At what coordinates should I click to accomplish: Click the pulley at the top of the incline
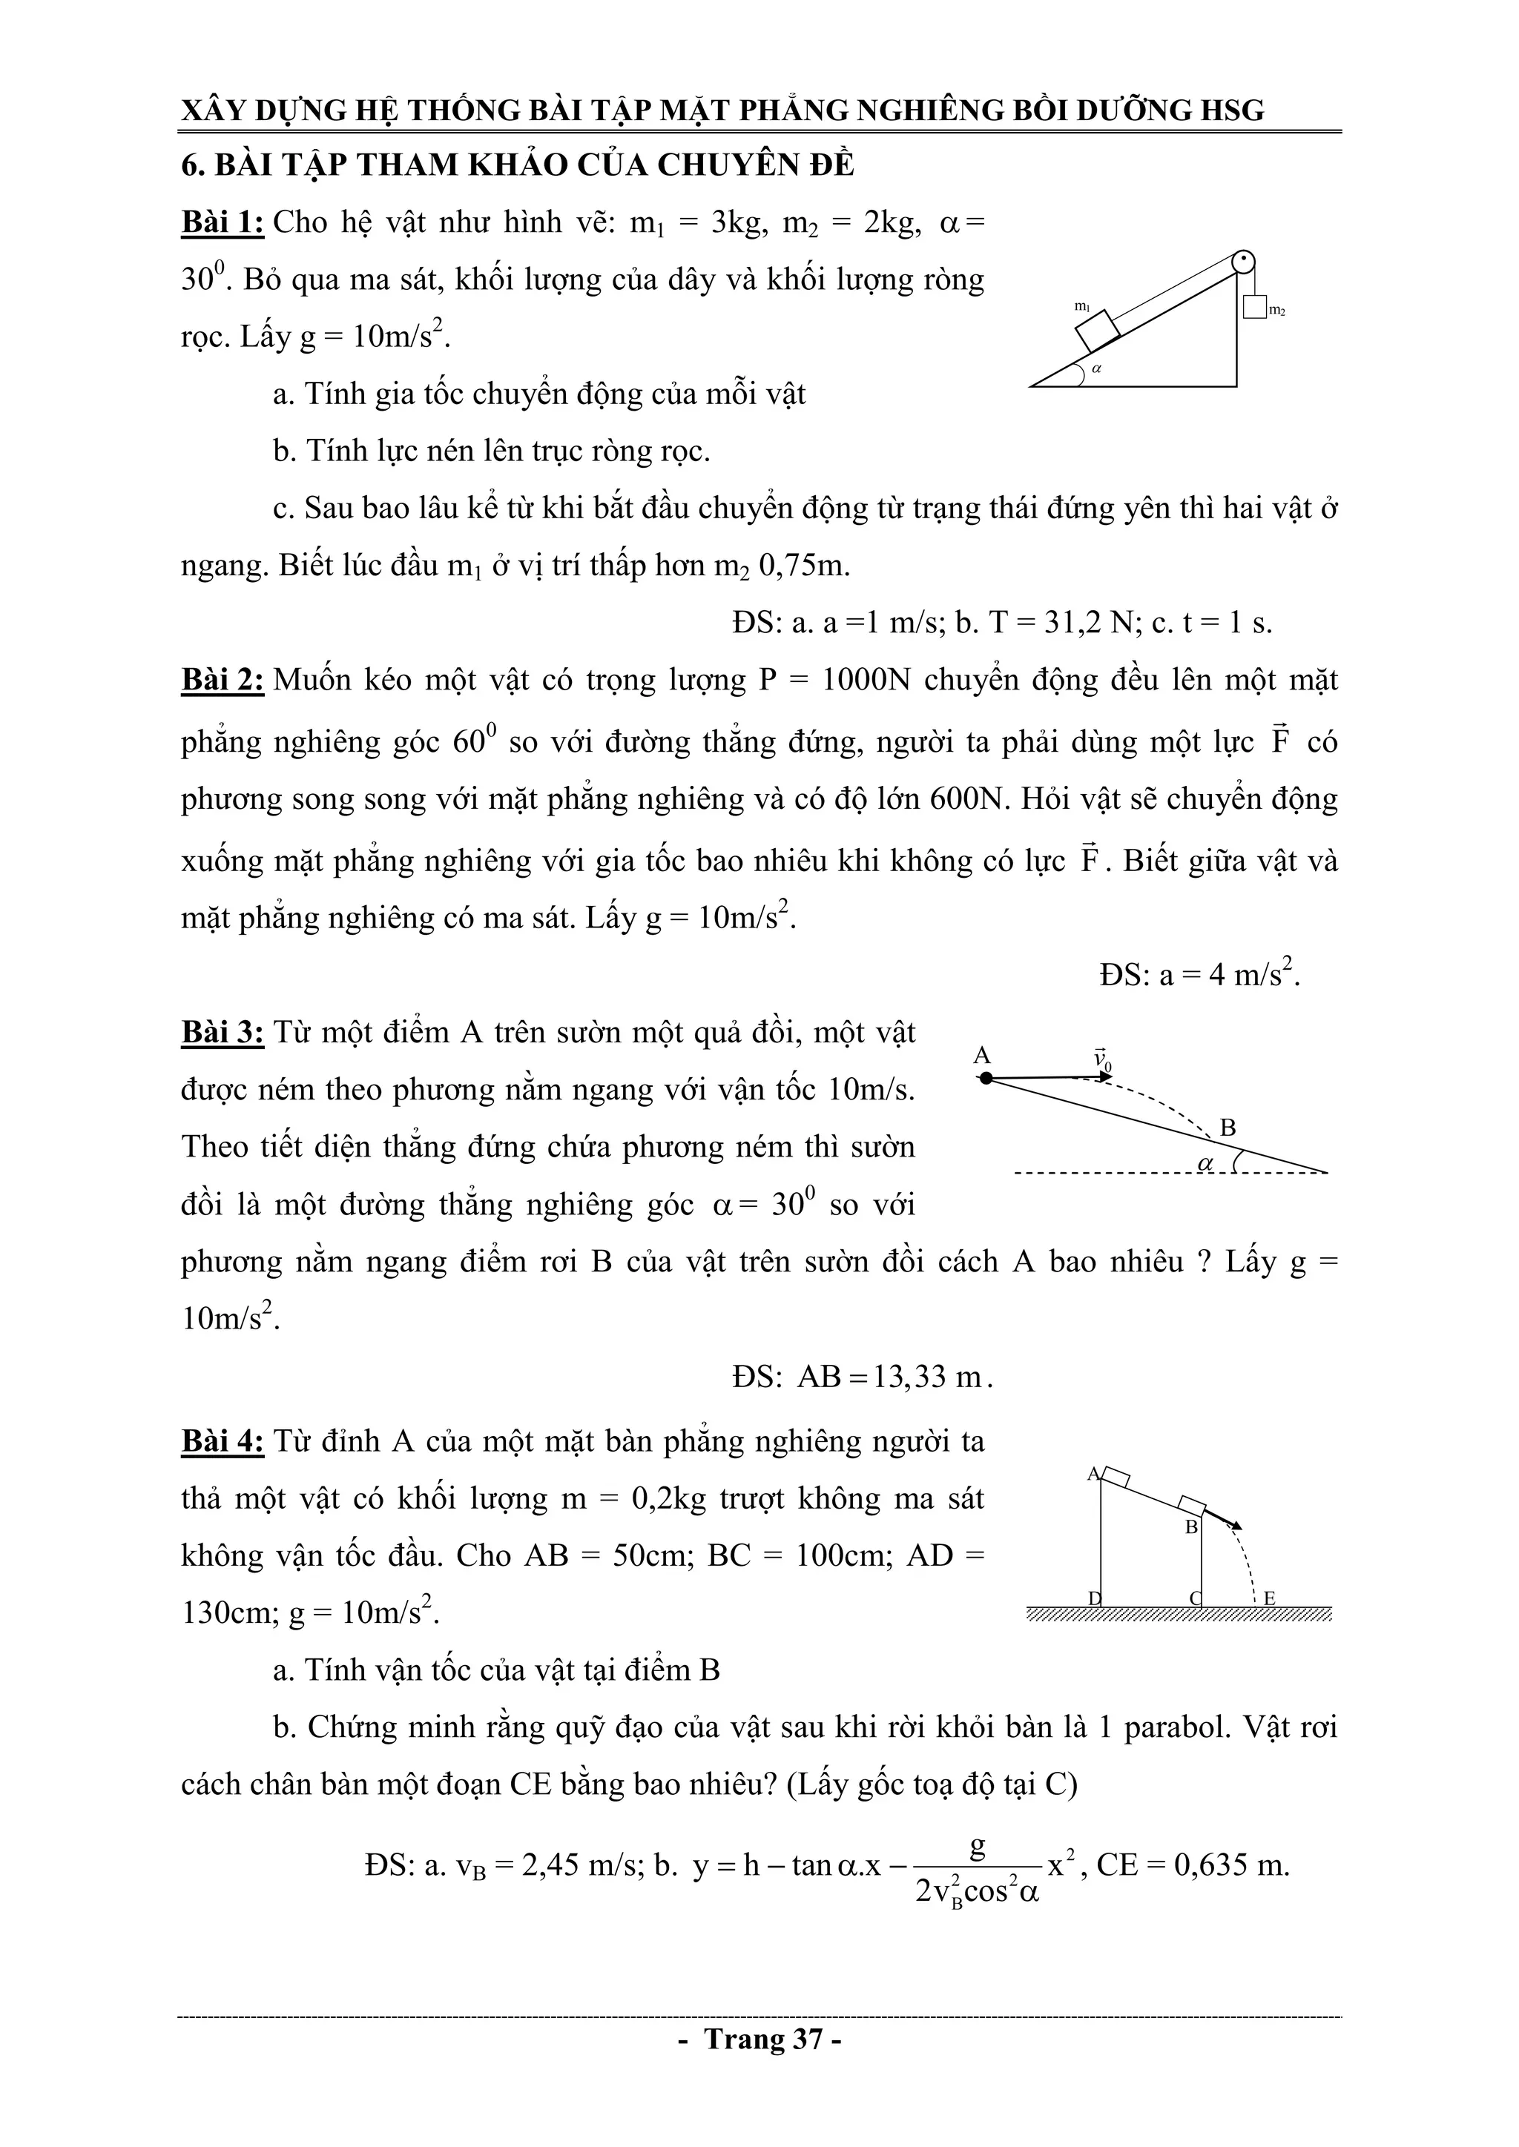(1243, 262)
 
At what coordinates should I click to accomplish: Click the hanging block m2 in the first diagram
(1254, 307)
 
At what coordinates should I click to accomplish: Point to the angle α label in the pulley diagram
(1097, 368)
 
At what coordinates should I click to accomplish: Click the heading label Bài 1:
(223, 222)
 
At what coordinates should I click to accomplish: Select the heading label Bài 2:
(223, 680)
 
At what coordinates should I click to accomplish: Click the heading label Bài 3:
(223, 1033)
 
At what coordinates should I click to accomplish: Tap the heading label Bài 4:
(223, 1441)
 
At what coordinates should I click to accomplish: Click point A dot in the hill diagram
(985, 1078)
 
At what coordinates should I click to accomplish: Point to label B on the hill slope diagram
(1228, 1128)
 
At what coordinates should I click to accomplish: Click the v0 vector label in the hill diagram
(1103, 1059)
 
